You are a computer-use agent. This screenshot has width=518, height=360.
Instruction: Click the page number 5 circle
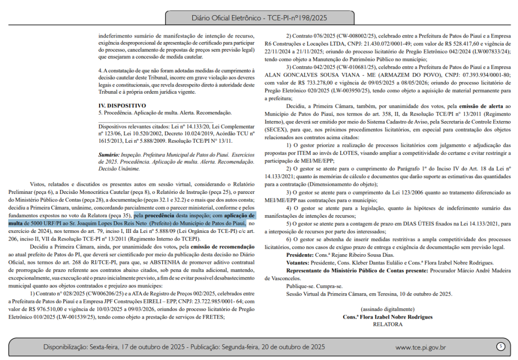pyautogui.click(x=500, y=347)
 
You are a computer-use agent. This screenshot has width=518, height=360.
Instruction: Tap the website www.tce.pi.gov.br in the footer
pyautogui.click(x=420, y=347)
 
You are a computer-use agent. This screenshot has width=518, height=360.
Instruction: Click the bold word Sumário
pyautogui.click(x=109, y=154)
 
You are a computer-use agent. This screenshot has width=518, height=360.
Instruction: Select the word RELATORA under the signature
pyautogui.click(x=387, y=324)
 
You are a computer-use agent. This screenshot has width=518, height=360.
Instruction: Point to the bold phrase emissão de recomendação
pyautogui.click(x=218, y=246)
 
